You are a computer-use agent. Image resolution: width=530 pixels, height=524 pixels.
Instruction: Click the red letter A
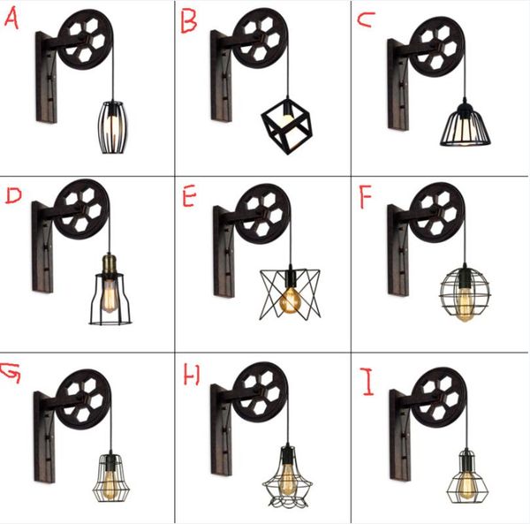(x=11, y=18)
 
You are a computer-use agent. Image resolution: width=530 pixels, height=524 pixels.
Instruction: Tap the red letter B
(x=188, y=21)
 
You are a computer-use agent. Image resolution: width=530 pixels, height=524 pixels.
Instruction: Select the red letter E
(x=189, y=195)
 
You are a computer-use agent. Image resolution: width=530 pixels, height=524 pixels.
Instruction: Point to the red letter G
(x=11, y=373)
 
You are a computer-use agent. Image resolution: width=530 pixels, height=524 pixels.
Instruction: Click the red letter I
(x=367, y=382)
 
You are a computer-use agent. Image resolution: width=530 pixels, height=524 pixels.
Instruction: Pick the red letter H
(x=192, y=375)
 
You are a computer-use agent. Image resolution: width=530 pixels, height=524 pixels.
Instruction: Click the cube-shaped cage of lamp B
(x=286, y=126)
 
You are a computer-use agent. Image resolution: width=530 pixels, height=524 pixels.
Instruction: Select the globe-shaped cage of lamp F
(x=465, y=292)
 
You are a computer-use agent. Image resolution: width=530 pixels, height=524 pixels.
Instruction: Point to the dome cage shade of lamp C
(x=466, y=125)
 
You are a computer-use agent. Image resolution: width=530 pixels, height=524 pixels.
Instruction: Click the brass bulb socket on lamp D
(x=109, y=266)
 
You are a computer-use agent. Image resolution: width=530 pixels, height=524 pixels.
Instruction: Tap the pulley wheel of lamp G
(x=83, y=399)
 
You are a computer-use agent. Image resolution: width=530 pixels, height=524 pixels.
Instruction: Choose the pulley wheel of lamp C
(x=437, y=47)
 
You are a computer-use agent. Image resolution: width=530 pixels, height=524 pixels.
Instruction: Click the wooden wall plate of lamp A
(x=46, y=77)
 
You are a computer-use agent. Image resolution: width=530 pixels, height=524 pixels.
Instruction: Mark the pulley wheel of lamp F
(x=437, y=213)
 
